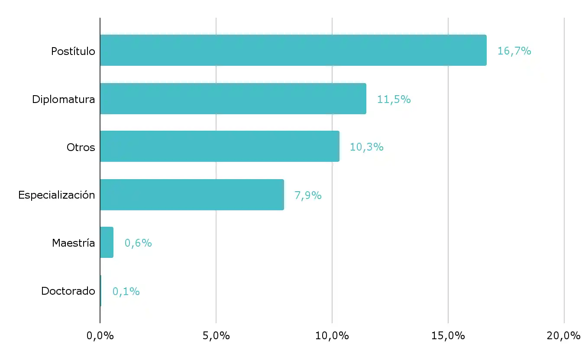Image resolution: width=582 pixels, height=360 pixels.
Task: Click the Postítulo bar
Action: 293,50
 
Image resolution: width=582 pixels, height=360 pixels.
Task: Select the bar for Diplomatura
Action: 233,99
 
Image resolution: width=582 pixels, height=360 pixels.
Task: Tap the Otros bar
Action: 220,147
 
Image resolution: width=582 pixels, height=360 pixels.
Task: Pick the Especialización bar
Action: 192,195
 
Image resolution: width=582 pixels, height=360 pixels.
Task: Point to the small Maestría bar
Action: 107,243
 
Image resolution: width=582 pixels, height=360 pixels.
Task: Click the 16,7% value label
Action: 514,51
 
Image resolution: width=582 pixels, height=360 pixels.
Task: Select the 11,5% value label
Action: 394,100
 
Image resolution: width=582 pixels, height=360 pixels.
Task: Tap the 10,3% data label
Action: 366,147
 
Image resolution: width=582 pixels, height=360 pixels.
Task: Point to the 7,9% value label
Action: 308,196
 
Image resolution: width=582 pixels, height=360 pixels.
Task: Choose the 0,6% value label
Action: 138,243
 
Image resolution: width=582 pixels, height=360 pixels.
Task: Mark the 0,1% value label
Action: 126,292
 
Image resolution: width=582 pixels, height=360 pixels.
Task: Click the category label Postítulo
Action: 73,51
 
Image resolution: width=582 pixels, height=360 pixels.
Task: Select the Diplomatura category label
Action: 64,100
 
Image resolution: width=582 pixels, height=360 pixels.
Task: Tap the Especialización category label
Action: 57,195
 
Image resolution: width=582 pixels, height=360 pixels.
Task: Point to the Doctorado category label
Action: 68,291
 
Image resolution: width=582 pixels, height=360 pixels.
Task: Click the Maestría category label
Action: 74,243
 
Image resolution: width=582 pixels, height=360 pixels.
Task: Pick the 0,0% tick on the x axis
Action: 100,336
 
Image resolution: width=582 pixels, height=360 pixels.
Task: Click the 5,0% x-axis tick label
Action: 216,336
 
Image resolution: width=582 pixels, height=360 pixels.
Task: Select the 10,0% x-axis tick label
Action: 332,336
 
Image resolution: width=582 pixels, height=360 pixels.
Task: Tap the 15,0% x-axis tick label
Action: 448,336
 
